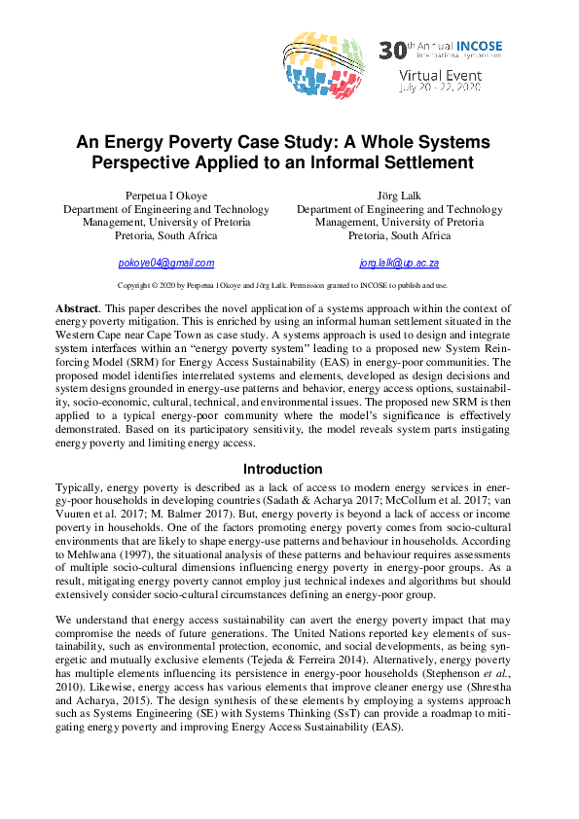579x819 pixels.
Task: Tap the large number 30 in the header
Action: point(390,49)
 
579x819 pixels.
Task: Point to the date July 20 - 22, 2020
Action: point(439,87)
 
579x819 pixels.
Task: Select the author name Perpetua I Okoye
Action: point(165,196)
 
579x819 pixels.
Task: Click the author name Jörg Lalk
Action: point(399,196)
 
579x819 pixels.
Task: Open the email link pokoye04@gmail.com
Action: point(165,263)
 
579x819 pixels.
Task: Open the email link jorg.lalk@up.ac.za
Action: point(399,263)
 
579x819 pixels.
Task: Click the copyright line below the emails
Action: point(282,285)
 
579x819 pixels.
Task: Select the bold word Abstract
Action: point(77,308)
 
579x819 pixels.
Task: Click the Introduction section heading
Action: point(282,469)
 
